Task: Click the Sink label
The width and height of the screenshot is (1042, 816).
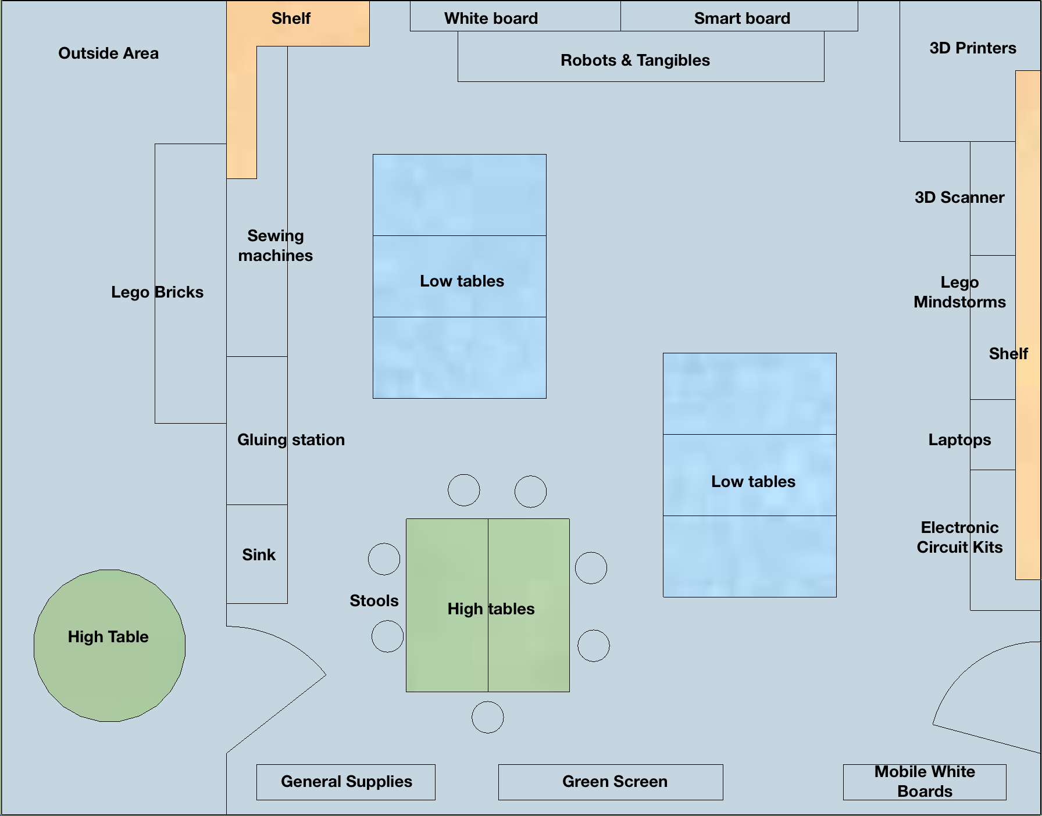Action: (259, 554)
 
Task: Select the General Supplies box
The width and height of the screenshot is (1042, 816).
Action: (346, 782)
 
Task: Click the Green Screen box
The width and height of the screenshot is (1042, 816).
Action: (611, 782)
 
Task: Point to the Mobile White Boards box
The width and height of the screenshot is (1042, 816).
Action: (925, 782)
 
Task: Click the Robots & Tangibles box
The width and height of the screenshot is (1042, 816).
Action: (635, 60)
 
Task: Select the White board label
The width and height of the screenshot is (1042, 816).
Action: (491, 18)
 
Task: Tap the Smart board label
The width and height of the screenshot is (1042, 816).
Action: (742, 18)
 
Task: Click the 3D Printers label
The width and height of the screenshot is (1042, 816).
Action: (973, 48)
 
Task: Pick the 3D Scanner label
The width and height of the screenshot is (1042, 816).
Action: (959, 197)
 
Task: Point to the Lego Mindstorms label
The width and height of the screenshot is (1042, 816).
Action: (959, 292)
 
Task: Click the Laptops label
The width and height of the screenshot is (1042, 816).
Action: (959, 439)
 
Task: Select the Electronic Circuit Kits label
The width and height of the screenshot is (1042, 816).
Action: (959, 537)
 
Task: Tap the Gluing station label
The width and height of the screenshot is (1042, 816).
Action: (291, 439)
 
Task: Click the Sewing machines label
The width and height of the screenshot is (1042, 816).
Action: (275, 245)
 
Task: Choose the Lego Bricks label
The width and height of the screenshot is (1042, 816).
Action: (157, 292)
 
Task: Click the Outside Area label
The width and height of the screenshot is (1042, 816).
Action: (108, 53)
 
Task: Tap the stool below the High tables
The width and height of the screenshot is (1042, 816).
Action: (487, 717)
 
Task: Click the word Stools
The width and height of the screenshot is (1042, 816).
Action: (374, 600)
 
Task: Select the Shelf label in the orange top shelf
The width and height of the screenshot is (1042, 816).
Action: (291, 18)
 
